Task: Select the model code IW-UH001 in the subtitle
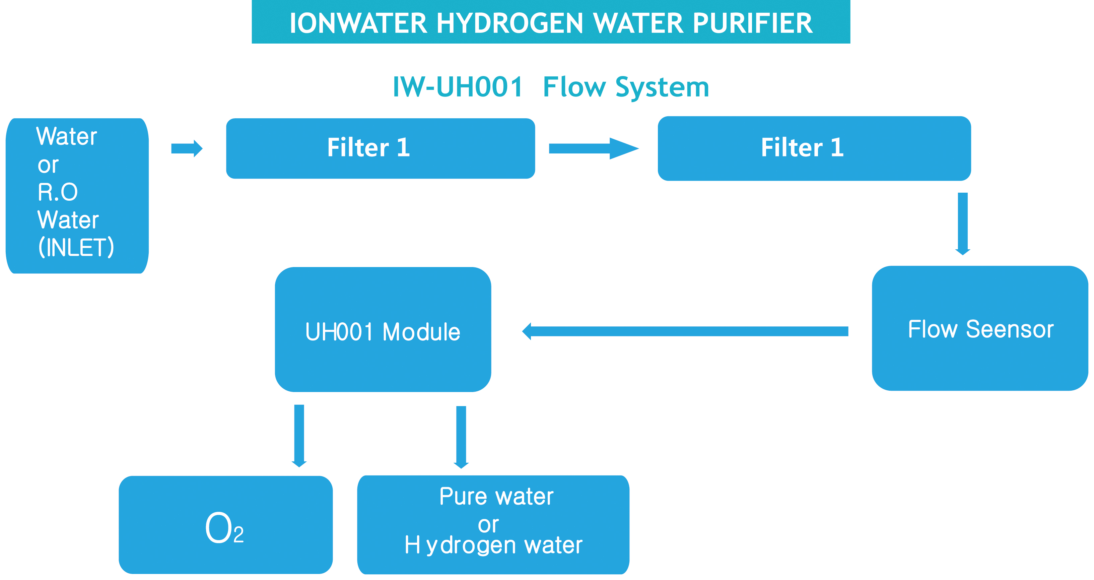457,87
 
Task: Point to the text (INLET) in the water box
76,247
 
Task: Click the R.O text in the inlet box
58,192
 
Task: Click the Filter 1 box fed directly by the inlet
380,148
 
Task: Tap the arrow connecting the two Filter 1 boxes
593,148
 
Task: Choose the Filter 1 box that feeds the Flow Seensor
814,148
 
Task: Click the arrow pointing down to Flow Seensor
962,223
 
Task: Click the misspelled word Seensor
1010,329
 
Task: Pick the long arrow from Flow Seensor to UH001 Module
685,331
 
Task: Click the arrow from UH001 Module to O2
299,435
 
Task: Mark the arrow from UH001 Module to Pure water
461,436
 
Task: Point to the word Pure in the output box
463,496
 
